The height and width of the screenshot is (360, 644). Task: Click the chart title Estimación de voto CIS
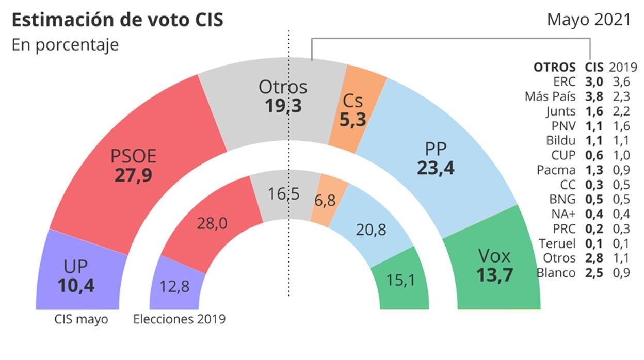point(117,20)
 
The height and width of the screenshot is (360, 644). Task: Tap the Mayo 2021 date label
point(589,20)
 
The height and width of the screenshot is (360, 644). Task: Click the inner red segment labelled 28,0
point(212,223)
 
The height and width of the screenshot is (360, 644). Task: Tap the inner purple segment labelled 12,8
point(175,286)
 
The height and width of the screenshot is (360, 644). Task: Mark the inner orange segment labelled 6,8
point(324,200)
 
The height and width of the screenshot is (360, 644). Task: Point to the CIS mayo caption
point(82,319)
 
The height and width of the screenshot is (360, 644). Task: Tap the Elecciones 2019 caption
point(179,319)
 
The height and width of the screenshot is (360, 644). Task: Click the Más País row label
point(550,96)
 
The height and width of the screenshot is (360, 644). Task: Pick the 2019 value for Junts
point(621,111)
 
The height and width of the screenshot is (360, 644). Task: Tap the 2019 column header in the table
point(623,67)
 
